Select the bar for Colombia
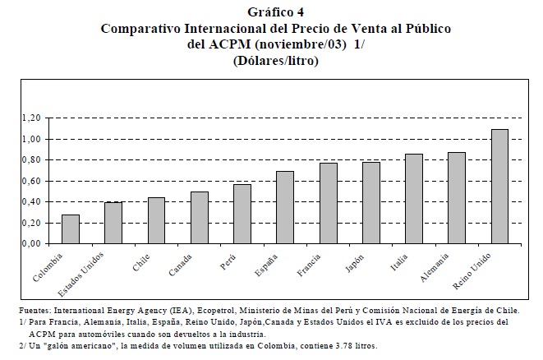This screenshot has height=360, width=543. [71, 229]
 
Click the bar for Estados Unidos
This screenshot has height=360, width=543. [113, 223]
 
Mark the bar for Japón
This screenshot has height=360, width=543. [371, 203]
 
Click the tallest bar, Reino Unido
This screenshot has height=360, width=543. [499, 187]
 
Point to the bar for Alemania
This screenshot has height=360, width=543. [457, 198]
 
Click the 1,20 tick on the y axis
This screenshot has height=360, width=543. [31, 118]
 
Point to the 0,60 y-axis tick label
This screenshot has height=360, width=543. [31, 182]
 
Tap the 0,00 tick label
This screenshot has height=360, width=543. [31, 244]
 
